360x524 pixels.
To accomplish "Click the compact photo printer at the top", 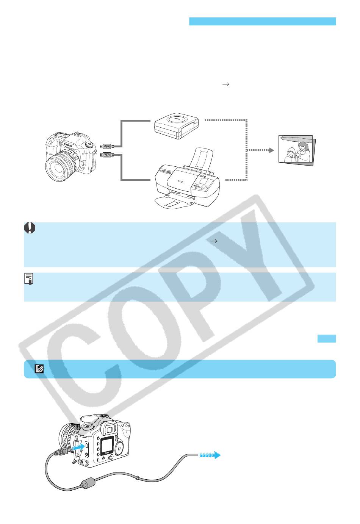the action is click(177, 126).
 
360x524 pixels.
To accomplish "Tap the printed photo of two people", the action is click(297, 150).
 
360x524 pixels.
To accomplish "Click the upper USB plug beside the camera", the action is click(107, 146).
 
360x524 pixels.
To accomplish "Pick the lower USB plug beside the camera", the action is click(107, 155).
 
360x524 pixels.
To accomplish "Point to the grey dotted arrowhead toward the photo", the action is click(271, 150).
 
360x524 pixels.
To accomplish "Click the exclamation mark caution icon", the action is click(30, 228).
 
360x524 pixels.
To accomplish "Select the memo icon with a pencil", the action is click(29, 278).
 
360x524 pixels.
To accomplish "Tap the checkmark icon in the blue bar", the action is click(39, 369).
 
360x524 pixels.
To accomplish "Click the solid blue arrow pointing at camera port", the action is click(78, 447).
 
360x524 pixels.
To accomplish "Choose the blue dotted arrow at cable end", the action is click(210, 455).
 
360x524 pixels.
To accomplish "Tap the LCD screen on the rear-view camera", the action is click(107, 446).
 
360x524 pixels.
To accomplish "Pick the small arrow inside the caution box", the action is click(214, 241).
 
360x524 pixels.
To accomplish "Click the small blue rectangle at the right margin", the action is click(327, 338).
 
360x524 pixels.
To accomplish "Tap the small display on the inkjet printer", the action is click(203, 181).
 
